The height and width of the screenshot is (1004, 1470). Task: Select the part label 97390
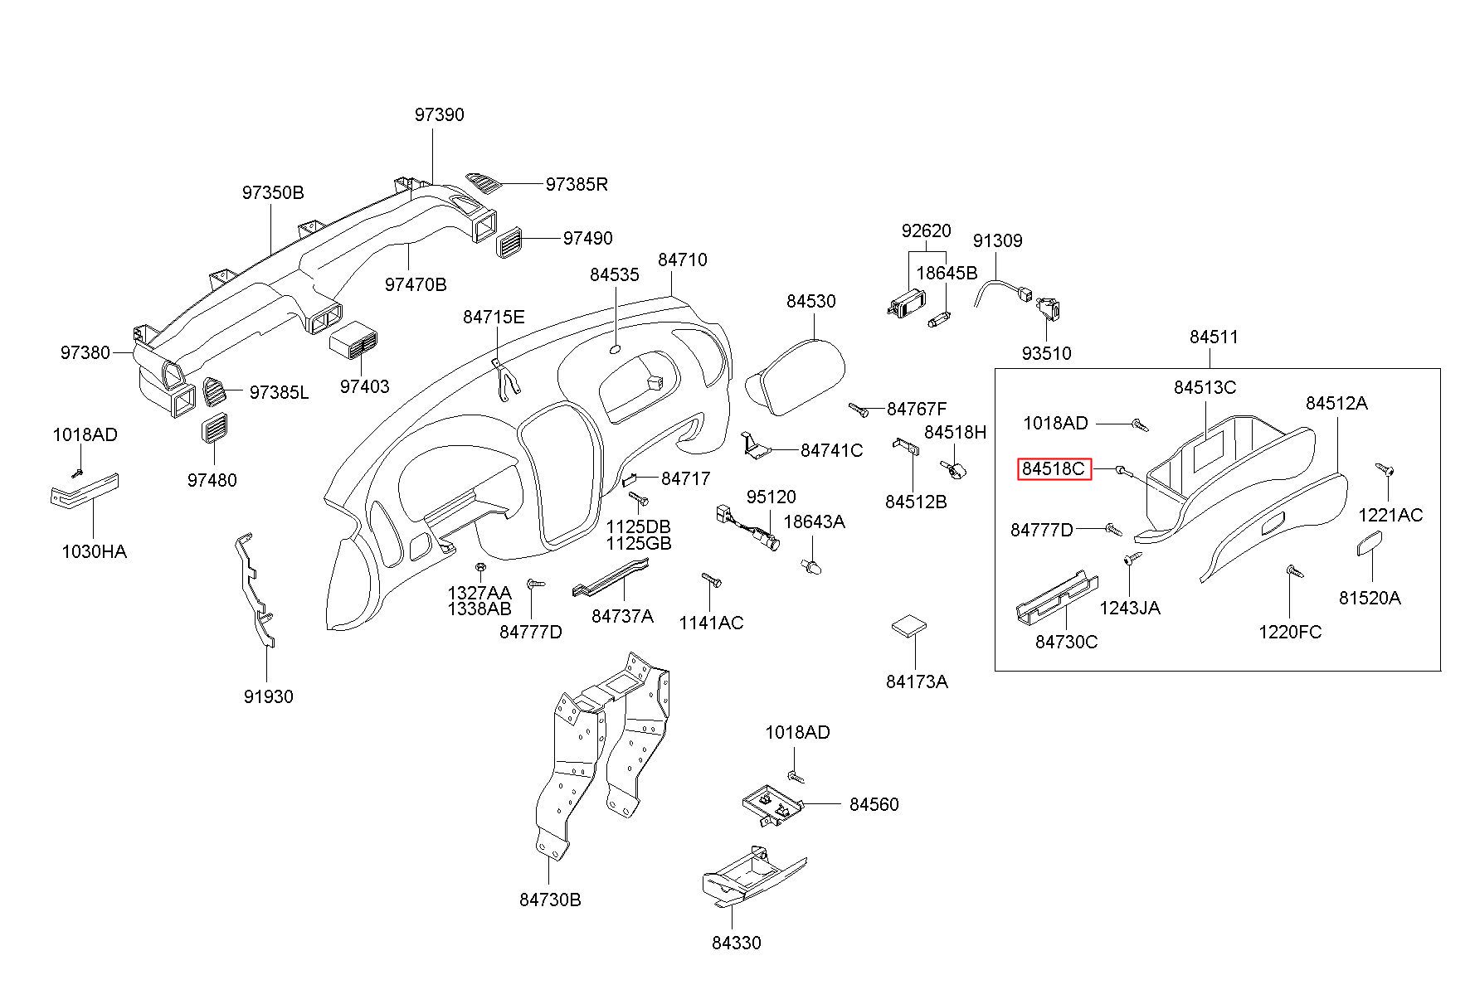point(440,115)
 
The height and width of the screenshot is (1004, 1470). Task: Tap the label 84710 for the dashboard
point(683,260)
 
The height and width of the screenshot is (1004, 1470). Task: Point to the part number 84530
point(811,302)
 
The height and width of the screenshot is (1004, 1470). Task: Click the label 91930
point(268,697)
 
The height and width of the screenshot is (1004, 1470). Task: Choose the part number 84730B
point(550,900)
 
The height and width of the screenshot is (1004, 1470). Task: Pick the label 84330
point(736,943)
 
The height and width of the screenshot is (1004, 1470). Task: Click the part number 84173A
point(917,682)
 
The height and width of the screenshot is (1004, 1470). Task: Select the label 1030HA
point(94,551)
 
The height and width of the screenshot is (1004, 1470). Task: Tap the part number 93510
point(1046,354)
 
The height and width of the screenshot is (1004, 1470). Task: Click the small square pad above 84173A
point(909,626)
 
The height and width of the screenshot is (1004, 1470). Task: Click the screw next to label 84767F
point(859,409)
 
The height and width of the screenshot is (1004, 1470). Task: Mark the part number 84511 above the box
point(1214,337)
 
